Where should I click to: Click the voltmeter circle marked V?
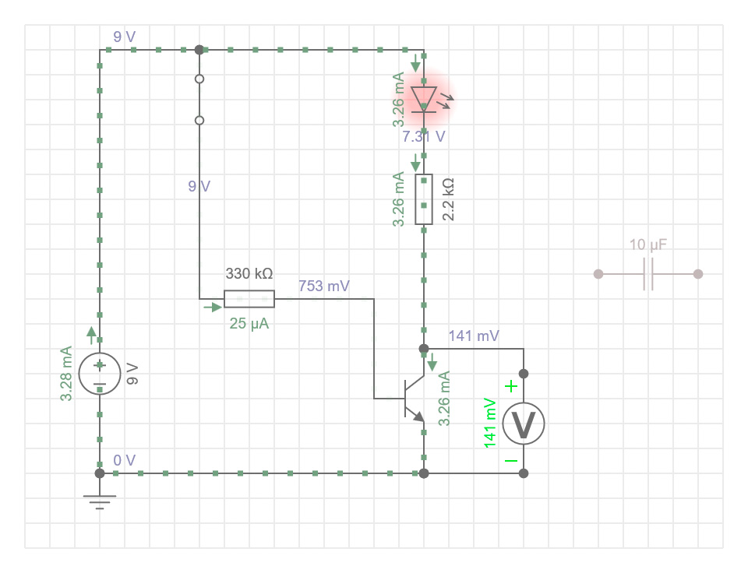[523, 424]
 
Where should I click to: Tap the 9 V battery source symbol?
[100, 373]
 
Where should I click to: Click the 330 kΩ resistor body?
[249, 299]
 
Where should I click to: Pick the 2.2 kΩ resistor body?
[424, 199]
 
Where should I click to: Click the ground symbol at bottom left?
[100, 497]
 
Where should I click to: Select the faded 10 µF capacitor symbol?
[648, 274]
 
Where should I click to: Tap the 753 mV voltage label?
[324, 286]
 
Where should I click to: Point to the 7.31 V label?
[424, 137]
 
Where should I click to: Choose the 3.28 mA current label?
[67, 374]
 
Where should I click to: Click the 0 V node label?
[125, 460]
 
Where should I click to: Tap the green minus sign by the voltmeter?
[510, 460]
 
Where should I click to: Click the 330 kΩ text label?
[249, 274]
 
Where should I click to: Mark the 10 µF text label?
[648, 245]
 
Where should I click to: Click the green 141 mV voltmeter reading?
[491, 423]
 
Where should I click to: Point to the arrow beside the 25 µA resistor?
[213, 308]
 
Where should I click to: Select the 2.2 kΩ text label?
[448, 199]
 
